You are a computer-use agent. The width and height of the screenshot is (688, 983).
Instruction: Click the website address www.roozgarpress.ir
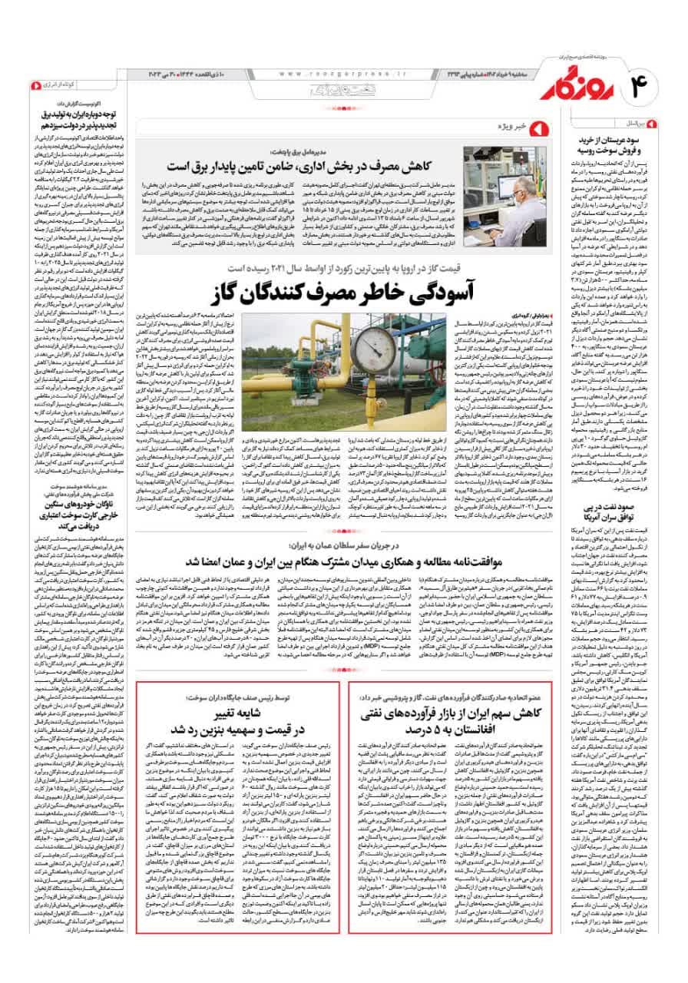(337, 74)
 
